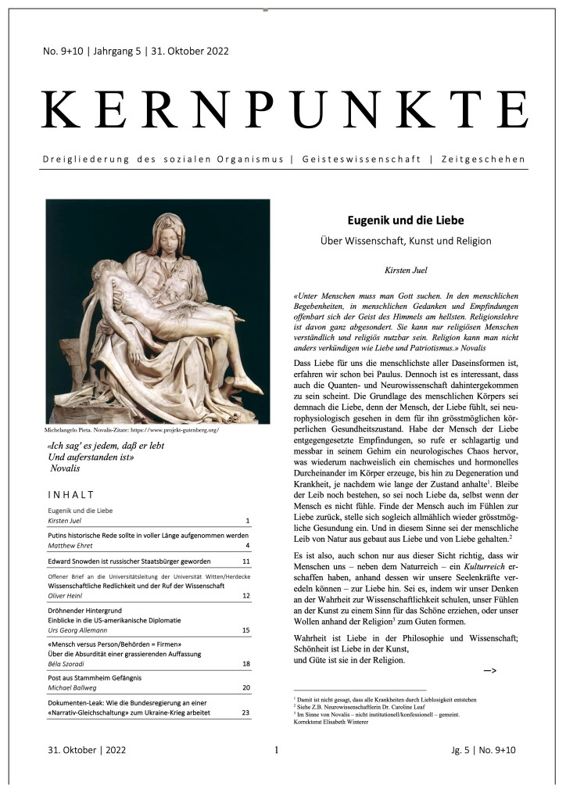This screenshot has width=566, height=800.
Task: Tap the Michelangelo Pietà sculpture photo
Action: (157, 311)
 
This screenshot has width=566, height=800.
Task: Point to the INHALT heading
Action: (71, 494)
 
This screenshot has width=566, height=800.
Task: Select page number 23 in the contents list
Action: (245, 712)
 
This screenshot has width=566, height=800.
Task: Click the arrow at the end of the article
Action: (491, 670)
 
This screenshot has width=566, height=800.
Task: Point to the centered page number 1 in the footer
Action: (277, 751)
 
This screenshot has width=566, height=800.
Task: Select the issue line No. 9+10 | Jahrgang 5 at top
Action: (135, 52)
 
